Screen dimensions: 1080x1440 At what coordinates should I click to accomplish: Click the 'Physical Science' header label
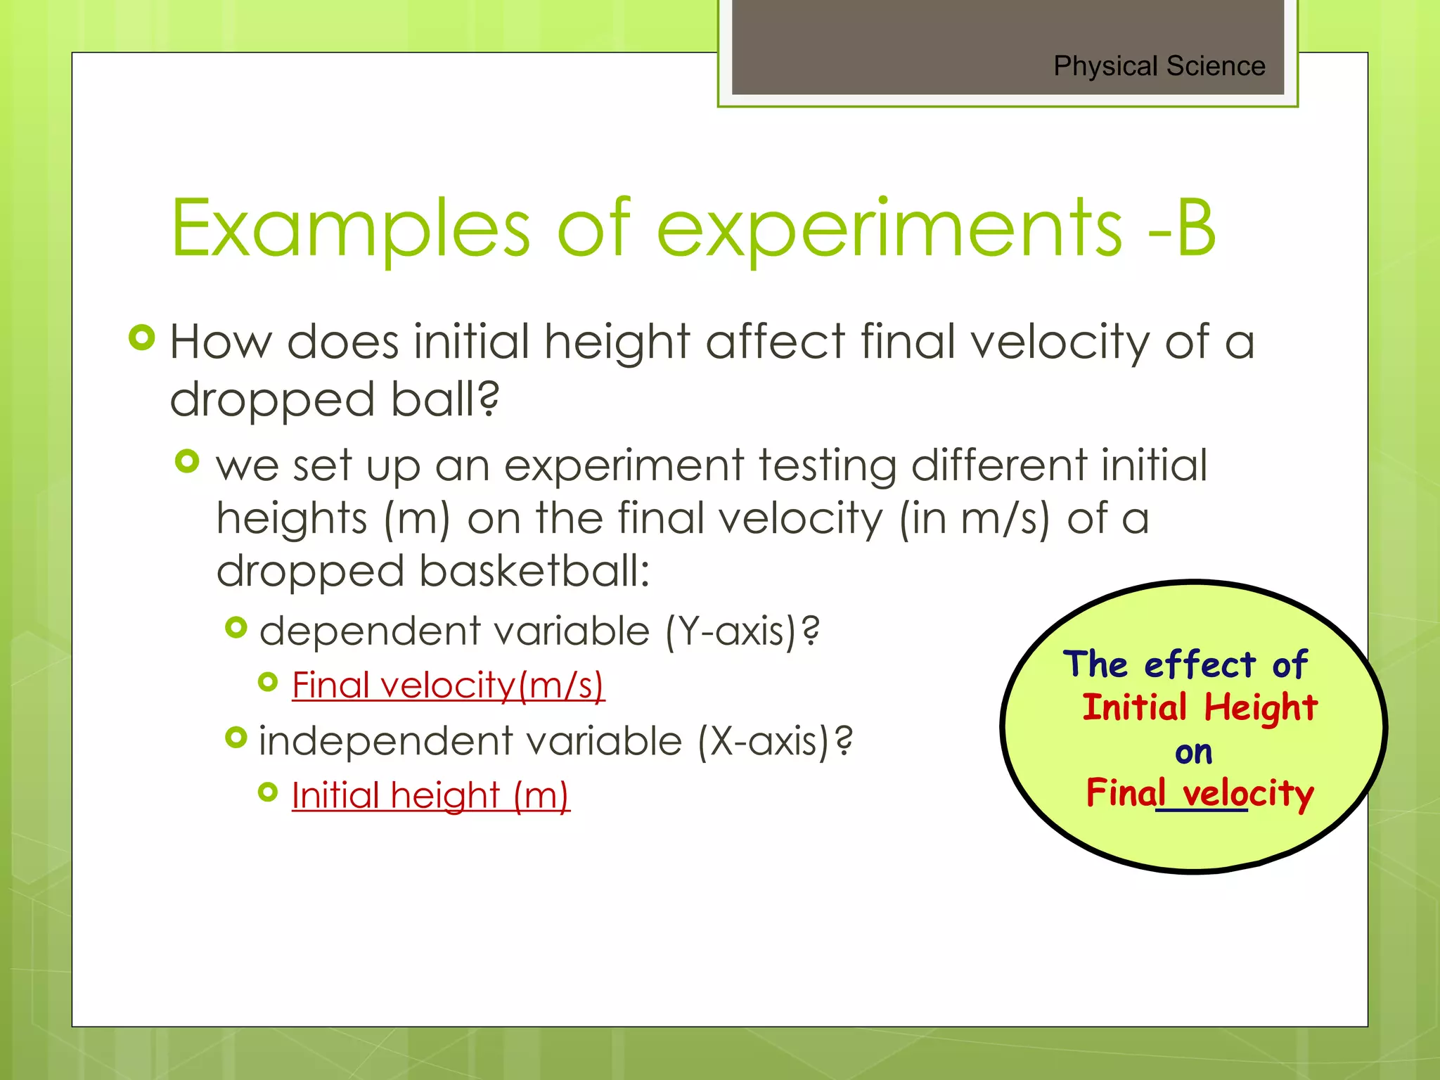(1159, 66)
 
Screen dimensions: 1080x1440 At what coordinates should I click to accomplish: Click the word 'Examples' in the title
(350, 229)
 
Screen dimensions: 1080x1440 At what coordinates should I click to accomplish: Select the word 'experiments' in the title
(889, 229)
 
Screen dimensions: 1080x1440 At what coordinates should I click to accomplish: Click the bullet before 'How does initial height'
(142, 338)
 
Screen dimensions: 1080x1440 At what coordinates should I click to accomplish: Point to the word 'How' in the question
(220, 342)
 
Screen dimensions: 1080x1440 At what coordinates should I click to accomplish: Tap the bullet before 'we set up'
(187, 462)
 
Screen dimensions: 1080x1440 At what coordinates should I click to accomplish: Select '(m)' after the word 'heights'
(417, 519)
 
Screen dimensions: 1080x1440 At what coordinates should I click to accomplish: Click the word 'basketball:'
(534, 571)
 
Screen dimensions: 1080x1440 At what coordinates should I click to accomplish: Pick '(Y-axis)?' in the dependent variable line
(742, 631)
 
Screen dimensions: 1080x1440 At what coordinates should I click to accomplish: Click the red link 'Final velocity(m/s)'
(448, 685)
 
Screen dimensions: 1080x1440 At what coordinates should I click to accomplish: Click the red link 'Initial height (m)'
(430, 795)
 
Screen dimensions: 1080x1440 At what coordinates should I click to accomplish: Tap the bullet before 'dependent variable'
(236, 627)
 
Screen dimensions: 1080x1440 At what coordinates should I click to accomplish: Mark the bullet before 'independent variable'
(236, 738)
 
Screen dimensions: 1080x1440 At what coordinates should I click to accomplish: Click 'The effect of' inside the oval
(1185, 664)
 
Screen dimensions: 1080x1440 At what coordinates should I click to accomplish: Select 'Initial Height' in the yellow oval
(1200, 707)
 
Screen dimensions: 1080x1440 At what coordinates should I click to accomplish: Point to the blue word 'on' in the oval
(1193, 752)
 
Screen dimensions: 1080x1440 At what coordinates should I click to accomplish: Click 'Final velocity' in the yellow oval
(1200, 793)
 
